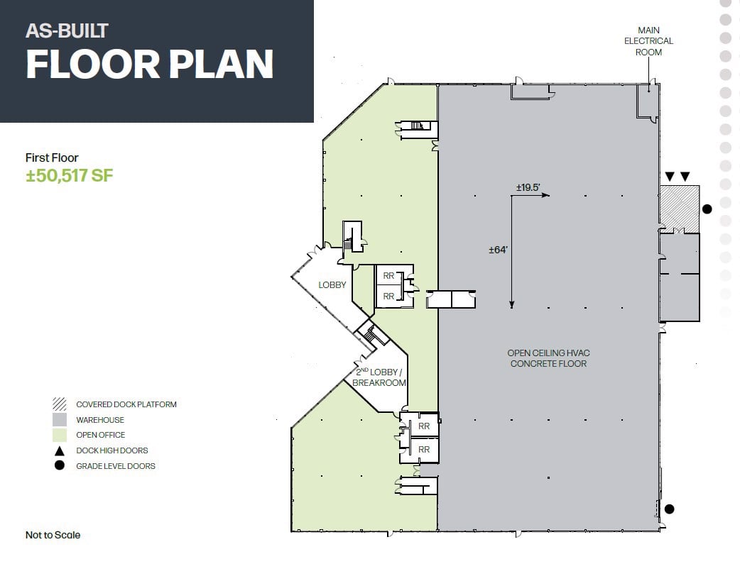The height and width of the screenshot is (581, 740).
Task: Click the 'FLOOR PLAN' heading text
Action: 150,64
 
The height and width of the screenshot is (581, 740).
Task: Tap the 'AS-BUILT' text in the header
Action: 67,31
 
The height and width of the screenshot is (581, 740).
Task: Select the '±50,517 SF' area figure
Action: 70,175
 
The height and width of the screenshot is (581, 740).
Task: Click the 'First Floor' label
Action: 52,157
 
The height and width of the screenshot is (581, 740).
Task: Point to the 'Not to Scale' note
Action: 53,535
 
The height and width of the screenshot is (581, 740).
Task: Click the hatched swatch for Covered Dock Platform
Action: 60,404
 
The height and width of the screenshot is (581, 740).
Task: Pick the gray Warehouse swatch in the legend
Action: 60,420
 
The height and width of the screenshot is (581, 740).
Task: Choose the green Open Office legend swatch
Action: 60,435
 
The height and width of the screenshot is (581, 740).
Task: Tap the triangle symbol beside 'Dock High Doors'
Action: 60,451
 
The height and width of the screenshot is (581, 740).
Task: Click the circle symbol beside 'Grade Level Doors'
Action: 60,465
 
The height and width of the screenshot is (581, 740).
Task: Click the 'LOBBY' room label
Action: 332,285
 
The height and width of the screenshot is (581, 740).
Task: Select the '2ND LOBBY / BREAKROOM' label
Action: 379,377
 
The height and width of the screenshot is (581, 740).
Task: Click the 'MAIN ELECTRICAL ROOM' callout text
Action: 648,41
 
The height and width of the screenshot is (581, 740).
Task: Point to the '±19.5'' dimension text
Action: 528,187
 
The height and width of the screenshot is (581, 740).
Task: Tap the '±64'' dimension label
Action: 498,250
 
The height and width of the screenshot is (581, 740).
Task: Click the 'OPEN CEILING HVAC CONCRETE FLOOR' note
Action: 548,358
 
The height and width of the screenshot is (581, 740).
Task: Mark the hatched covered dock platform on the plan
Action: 679,209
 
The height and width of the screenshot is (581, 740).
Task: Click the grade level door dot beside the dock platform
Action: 707,209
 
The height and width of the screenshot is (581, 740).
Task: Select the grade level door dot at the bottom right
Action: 669,509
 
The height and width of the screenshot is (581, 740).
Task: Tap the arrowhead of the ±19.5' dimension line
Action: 546,195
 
